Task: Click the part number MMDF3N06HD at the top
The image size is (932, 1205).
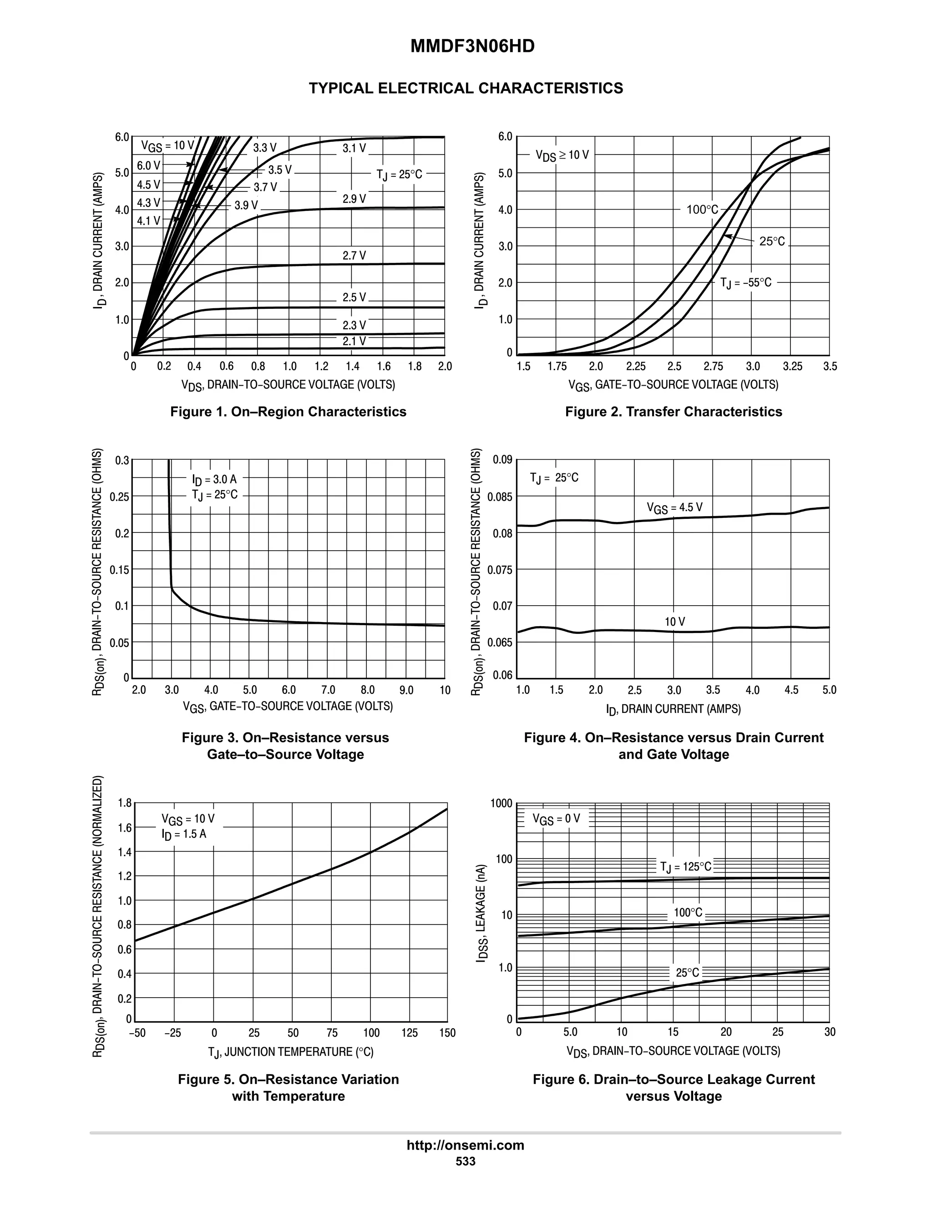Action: (472, 46)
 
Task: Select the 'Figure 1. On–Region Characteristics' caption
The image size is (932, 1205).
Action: (288, 412)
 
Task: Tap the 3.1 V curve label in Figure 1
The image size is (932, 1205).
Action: (354, 148)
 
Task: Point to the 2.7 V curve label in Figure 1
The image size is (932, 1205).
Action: (354, 256)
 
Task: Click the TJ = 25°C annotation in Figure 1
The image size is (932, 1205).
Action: (399, 174)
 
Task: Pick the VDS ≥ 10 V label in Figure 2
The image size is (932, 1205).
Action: (562, 155)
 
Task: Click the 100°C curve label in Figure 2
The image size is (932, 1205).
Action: (702, 210)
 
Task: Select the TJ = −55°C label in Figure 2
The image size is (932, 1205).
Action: (745, 282)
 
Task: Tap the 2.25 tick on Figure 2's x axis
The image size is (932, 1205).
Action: (635, 367)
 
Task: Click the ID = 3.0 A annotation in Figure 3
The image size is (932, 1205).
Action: (214, 479)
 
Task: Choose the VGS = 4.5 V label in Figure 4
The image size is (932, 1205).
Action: (674, 507)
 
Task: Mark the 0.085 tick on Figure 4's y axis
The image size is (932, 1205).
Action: (499, 497)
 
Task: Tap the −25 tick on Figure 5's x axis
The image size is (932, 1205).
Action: (173, 1033)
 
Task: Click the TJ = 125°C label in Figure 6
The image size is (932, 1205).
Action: (686, 866)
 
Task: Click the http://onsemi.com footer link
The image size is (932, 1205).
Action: (465, 1145)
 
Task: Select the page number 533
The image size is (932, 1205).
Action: (466, 1161)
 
